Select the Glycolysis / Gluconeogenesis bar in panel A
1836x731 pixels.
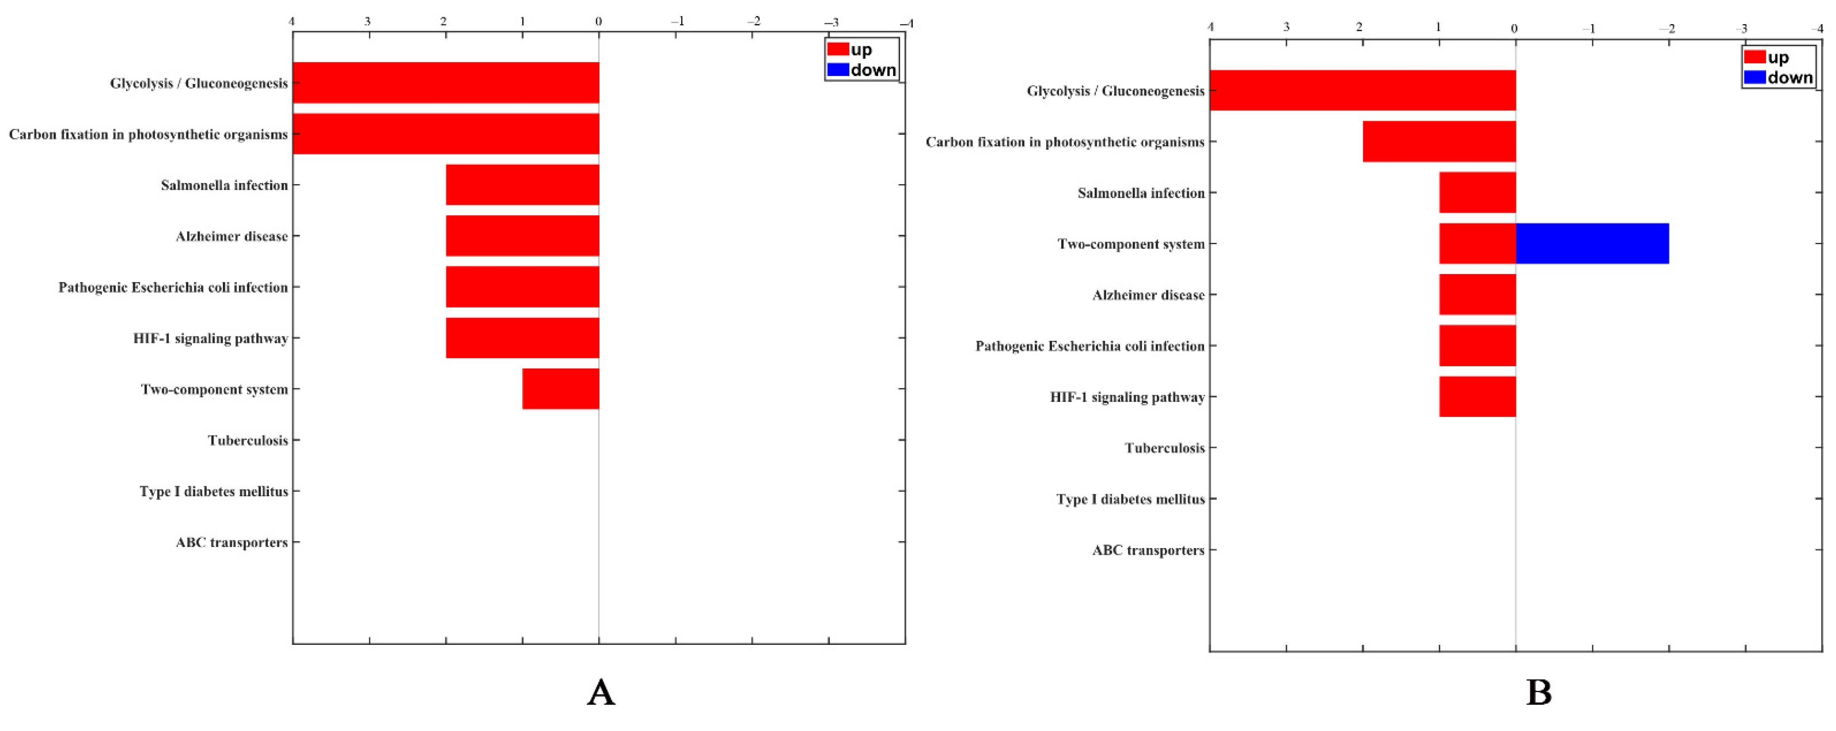pos(445,83)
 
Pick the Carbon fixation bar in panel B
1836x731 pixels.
pos(1439,141)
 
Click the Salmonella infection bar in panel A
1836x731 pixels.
pos(523,185)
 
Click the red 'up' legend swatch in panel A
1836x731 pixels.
pos(838,49)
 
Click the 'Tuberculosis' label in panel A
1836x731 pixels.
pos(247,440)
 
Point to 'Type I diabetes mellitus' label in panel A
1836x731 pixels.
pos(213,492)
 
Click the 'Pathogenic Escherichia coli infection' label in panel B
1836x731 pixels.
pos(1089,346)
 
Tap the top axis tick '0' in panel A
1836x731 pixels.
pos(598,22)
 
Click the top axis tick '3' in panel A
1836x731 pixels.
pos(368,22)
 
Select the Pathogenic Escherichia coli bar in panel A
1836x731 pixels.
pos(523,287)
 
